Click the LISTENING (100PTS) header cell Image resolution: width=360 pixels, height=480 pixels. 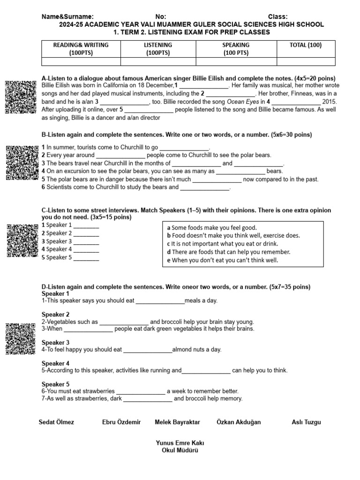(x=158, y=49)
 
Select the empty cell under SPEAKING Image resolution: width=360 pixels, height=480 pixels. (x=236, y=61)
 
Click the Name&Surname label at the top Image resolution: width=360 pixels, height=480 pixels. (x=67, y=16)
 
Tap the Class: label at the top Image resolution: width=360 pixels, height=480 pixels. (x=278, y=16)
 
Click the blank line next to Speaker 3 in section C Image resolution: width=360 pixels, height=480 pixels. (x=86, y=242)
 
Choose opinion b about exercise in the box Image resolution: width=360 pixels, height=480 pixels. (x=233, y=235)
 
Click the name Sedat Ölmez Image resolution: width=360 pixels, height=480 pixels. (x=56, y=422)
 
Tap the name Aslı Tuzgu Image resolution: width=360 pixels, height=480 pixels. (x=306, y=422)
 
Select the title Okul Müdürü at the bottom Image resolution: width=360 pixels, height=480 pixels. (x=180, y=450)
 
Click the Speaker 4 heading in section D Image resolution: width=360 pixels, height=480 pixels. (x=55, y=363)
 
